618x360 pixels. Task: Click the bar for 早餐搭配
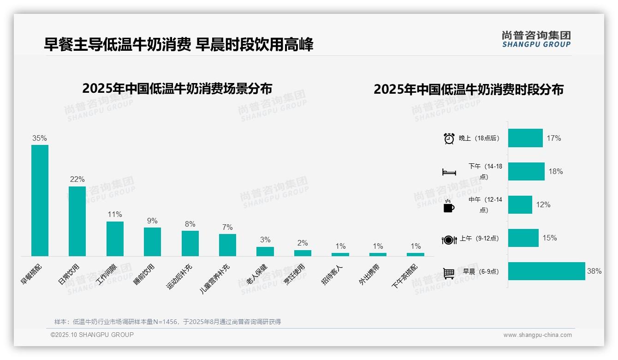[40, 200]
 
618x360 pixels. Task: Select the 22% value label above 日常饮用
[77, 180]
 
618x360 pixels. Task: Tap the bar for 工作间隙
[115, 239]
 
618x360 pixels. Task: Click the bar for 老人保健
[265, 251]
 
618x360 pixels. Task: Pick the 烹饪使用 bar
[303, 253]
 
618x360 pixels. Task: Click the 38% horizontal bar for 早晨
[547, 271]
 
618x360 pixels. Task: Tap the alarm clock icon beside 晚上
[449, 138]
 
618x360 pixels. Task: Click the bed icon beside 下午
[449, 172]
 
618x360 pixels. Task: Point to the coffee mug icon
[449, 206]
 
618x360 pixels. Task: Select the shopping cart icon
[449, 273]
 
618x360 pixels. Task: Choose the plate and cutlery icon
[449, 240]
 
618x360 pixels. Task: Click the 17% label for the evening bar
[553, 138]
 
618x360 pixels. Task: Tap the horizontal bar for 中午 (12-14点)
[520, 204]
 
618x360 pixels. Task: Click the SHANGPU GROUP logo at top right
[536, 39]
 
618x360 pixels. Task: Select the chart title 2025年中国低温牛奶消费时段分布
[469, 90]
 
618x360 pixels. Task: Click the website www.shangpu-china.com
[537, 335]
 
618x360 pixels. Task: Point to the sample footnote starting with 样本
[167, 322]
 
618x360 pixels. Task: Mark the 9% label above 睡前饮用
[152, 221]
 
